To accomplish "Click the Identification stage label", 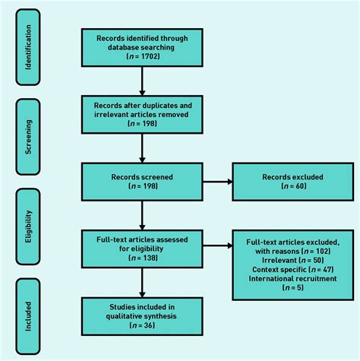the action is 28,47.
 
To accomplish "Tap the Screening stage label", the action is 28,137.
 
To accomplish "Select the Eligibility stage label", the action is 28,226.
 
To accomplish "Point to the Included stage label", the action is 28,316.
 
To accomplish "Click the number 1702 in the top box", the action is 150,56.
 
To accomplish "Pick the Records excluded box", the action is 293,182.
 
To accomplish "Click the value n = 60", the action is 294,186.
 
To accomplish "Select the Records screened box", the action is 142,182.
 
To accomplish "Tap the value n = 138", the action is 143,258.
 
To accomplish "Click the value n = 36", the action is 142,325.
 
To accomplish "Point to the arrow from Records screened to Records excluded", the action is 217,182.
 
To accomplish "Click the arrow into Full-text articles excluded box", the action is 217,245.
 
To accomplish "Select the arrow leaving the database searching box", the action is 142,81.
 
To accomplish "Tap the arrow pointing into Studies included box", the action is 142,283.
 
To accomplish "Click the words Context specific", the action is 279,270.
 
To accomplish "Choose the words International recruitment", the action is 293,279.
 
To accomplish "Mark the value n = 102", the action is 317,252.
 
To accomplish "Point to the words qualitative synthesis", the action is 141,316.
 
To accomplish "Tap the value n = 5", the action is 293,288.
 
